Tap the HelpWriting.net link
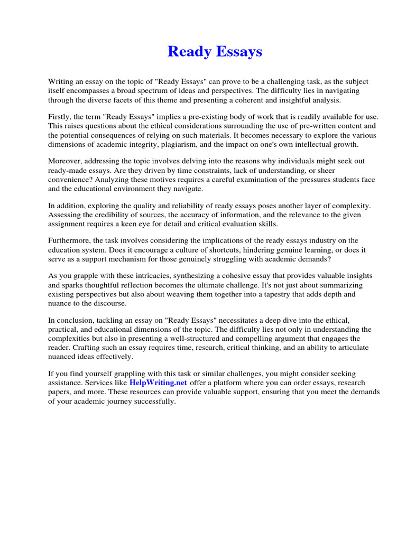click(x=158, y=383)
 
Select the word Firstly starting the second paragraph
click(x=60, y=116)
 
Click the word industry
click(x=324, y=240)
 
